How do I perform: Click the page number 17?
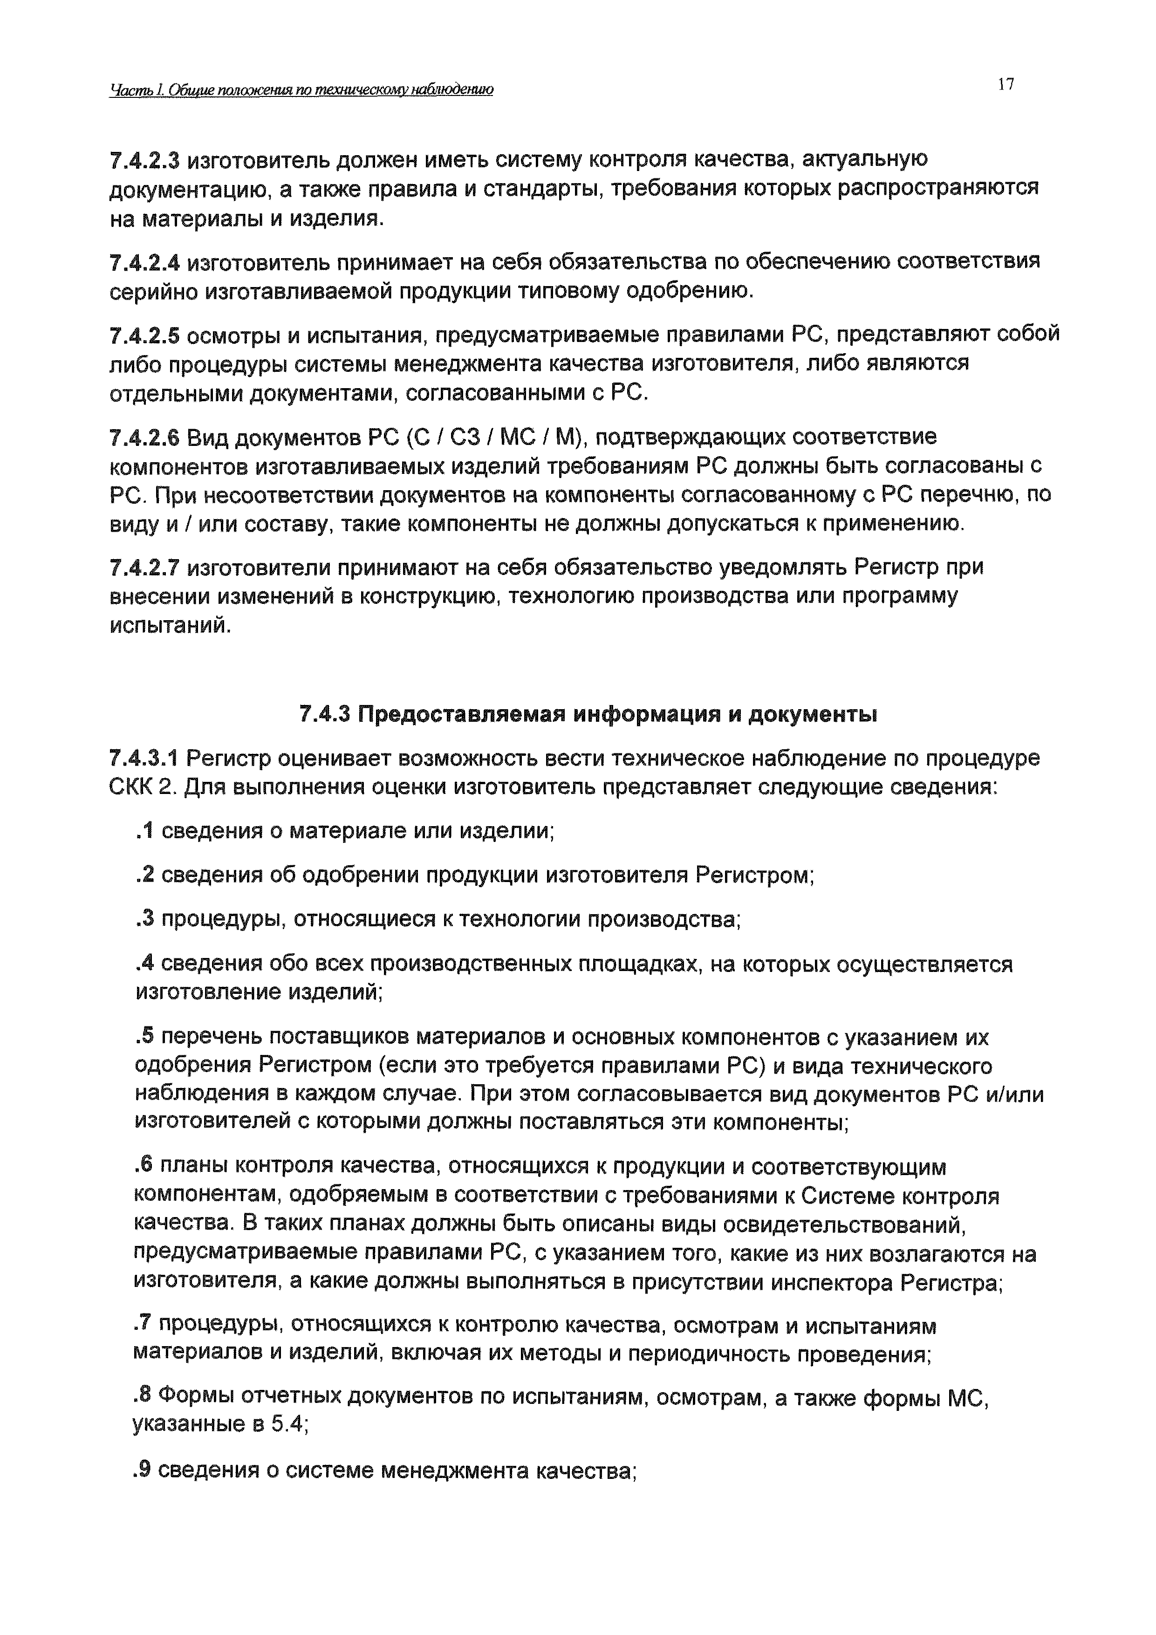tap(1005, 85)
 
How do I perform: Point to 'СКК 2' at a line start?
tap(142, 787)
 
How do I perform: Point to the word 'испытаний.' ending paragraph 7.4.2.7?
tap(170, 626)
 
